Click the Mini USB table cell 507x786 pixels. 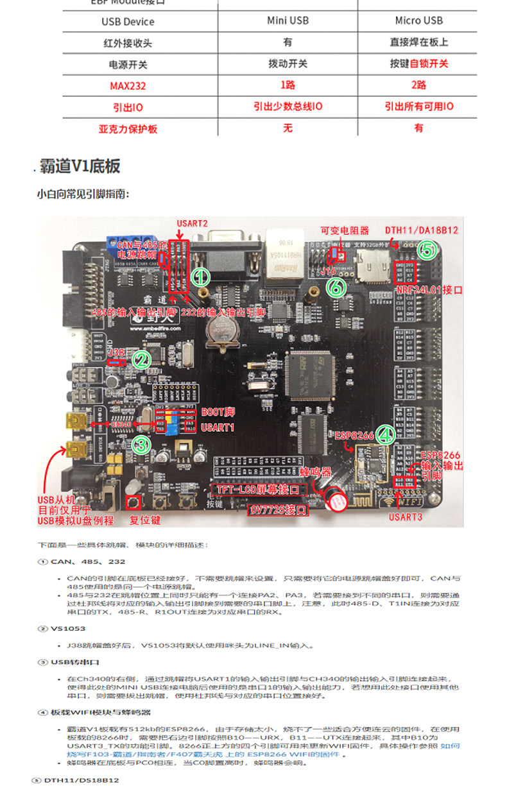[x=288, y=21]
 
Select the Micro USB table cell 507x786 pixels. [x=418, y=21]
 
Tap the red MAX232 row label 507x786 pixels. [x=128, y=85]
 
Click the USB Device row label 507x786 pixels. [x=128, y=21]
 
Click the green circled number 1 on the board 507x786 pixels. [x=201, y=277]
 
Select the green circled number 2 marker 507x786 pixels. [x=141, y=360]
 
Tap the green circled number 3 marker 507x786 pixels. [x=141, y=444]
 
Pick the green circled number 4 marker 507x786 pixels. [x=385, y=435]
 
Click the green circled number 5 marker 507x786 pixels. [x=428, y=249]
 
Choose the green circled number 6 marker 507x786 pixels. [x=335, y=287]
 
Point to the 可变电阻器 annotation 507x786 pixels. [x=345, y=230]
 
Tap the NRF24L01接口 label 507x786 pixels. [x=429, y=290]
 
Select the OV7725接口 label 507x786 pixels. [x=278, y=511]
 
